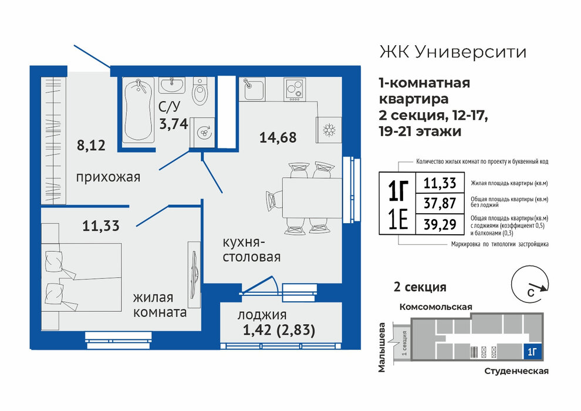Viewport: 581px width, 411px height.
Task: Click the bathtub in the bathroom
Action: (x=139, y=110)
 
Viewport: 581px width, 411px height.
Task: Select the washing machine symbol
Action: (x=202, y=132)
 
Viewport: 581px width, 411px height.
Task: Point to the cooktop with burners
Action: (x=295, y=89)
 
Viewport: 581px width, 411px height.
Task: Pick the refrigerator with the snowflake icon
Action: (x=329, y=130)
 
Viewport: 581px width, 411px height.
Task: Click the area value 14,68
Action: (x=278, y=137)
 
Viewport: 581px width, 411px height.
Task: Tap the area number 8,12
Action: (x=91, y=145)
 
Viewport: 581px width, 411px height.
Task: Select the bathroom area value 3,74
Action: (x=174, y=123)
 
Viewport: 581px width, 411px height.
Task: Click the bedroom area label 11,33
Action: (x=101, y=225)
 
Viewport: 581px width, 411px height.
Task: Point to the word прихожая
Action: (x=108, y=177)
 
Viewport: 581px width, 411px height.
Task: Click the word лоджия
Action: (x=262, y=315)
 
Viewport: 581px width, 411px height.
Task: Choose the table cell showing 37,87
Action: (x=440, y=203)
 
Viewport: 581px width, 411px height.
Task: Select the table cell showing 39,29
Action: (x=440, y=224)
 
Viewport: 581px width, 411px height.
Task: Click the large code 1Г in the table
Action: (x=398, y=190)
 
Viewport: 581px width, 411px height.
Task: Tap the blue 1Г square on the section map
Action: (x=532, y=352)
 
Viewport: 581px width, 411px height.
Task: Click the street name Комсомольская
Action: (x=435, y=307)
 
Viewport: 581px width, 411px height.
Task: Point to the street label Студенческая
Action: (x=516, y=371)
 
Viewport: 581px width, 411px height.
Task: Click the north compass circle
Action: (x=530, y=285)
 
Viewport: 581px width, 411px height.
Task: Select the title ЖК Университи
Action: (x=453, y=52)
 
